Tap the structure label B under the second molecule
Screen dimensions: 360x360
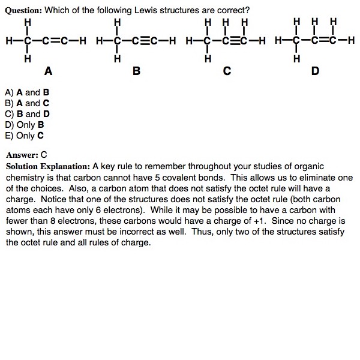(x=136, y=71)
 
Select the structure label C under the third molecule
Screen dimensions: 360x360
(x=226, y=71)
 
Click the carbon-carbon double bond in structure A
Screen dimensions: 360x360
(x=57, y=41)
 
